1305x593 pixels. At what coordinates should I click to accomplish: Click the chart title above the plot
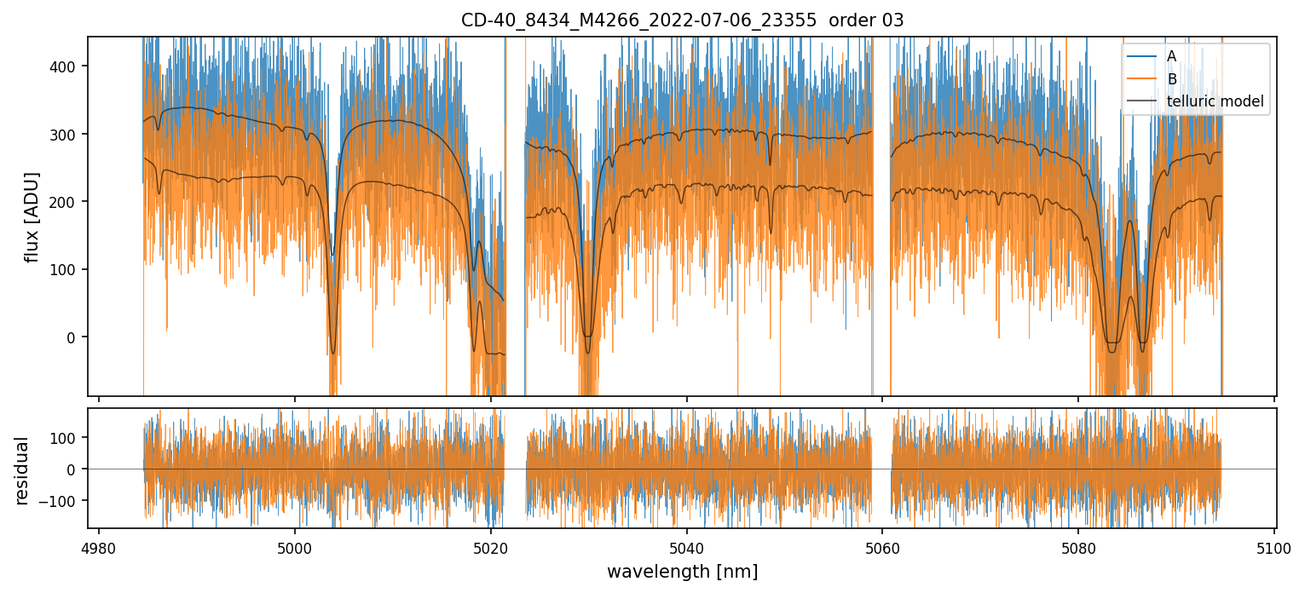point(682,20)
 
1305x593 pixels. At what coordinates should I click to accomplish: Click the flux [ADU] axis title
point(32,216)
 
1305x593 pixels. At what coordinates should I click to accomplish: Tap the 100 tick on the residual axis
point(67,437)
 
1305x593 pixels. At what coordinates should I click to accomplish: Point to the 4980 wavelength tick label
point(99,546)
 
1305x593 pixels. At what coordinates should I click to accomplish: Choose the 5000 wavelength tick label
point(295,546)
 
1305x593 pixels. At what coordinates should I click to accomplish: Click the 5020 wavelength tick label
point(491,546)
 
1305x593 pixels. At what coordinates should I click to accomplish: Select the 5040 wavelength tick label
point(687,546)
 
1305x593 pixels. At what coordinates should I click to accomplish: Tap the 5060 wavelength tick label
point(882,546)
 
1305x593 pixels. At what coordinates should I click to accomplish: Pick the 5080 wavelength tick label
point(1078,546)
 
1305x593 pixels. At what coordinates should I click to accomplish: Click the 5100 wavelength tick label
point(1274,546)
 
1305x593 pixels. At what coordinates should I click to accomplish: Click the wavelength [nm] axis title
point(682,571)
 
